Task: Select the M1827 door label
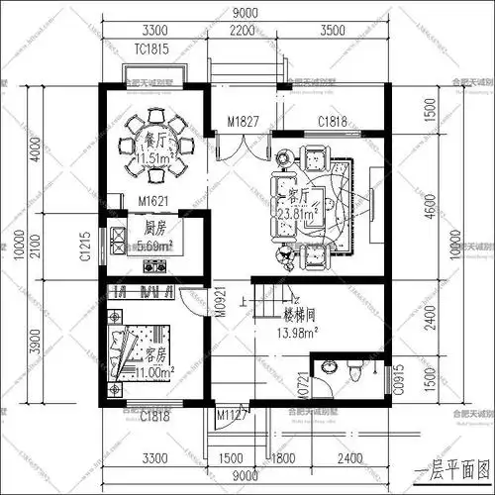click(243, 121)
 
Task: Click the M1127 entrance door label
click(232, 417)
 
